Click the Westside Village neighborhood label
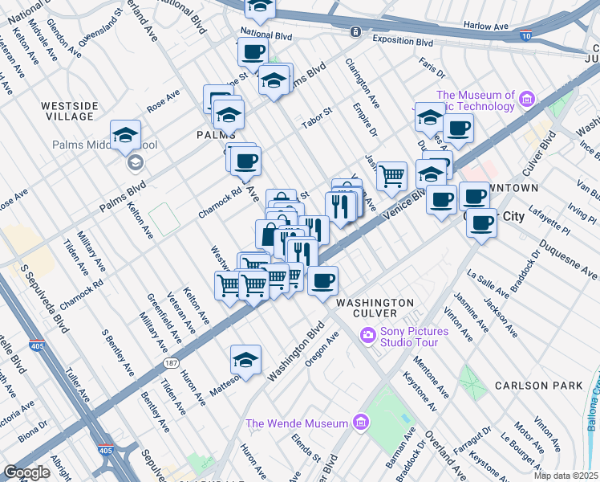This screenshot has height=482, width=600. tap(69, 111)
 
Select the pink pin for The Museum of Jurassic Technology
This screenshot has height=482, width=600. tap(527, 100)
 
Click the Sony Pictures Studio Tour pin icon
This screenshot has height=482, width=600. tap(368, 334)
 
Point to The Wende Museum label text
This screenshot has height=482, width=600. tap(297, 423)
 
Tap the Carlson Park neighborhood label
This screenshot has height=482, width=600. tap(549, 386)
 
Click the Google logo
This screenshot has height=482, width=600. tap(26, 472)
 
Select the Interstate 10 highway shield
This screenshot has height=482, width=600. tap(525, 36)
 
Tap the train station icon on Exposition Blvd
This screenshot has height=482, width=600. tap(355, 31)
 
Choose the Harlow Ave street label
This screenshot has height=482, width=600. tap(487, 26)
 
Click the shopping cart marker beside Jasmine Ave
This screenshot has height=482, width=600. tap(391, 175)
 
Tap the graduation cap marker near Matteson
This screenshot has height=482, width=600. tap(246, 359)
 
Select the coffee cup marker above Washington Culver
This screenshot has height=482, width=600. tap(322, 280)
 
